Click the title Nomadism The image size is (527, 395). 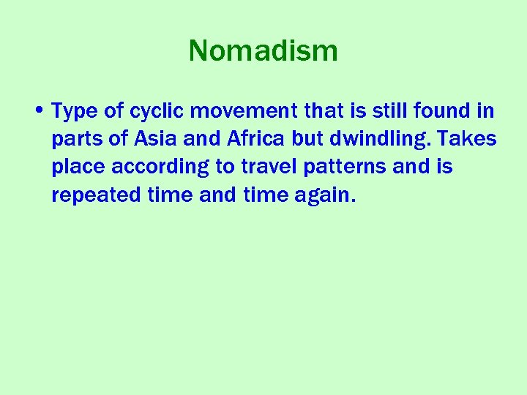tap(263, 51)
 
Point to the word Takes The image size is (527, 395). tap(471, 139)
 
